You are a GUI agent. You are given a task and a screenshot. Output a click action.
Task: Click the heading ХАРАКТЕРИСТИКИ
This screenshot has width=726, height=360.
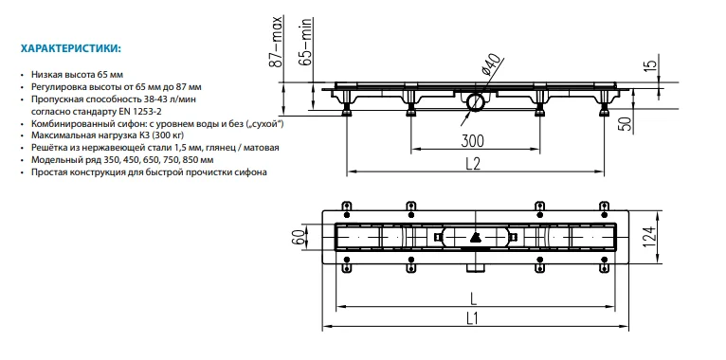(70, 48)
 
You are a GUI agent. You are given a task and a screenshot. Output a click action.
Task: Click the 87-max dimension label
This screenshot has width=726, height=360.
(276, 42)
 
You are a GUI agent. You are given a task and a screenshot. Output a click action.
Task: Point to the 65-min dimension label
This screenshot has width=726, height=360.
(305, 42)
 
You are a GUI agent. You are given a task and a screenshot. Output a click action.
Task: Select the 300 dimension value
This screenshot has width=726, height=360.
(472, 140)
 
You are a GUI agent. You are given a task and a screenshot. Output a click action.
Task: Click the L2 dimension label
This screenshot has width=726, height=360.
(473, 164)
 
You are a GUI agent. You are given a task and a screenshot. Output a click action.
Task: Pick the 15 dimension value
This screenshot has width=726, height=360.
(651, 64)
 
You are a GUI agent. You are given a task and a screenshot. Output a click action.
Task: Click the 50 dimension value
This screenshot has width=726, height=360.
(626, 125)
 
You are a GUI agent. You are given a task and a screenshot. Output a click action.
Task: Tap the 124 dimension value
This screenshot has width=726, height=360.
(651, 238)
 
